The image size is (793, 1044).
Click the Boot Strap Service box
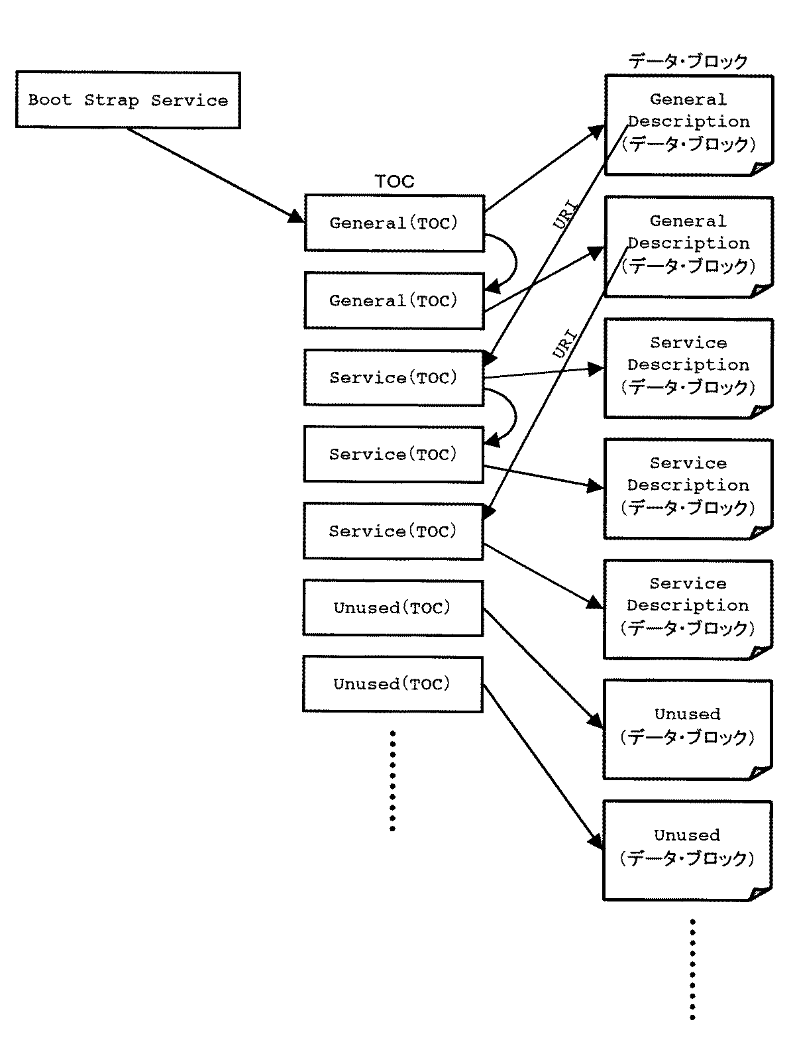pos(127,100)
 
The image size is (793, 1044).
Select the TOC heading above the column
pos(394,181)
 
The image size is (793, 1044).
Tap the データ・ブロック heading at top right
pos(688,61)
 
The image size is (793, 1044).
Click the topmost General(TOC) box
pos(394,223)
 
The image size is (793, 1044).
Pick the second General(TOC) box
pos(394,300)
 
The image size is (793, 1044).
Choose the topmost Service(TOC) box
pos(394,377)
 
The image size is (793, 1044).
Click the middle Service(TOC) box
pos(394,454)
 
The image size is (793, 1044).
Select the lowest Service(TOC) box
pos(394,531)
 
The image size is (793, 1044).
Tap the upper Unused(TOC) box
pos(393,608)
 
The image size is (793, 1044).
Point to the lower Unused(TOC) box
pos(393,684)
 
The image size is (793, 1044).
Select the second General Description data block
pos(689,246)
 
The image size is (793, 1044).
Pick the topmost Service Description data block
pos(689,367)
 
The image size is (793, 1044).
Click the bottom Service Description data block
pos(689,609)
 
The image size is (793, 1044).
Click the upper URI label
pos(565,215)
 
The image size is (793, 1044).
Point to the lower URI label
pos(565,343)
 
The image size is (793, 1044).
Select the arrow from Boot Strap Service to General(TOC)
pos(212,174)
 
